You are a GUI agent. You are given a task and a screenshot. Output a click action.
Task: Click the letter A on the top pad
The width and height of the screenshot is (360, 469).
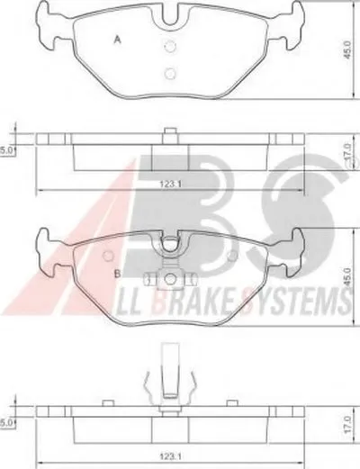click(117, 40)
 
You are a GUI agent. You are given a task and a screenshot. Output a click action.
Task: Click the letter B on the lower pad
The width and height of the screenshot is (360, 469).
click(118, 274)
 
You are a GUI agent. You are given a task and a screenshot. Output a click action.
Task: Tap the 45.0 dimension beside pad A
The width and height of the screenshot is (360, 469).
click(347, 50)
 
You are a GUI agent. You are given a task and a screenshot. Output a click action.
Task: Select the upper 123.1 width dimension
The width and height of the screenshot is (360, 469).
click(170, 184)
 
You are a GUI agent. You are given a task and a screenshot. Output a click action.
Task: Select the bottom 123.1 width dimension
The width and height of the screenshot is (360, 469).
click(170, 456)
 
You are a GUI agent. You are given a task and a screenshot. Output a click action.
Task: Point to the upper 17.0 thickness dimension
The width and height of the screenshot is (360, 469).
click(347, 153)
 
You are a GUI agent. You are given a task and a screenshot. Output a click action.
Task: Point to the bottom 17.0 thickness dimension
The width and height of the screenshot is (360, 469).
click(347, 424)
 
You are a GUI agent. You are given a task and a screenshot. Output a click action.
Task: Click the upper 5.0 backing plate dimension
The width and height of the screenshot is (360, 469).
click(5, 150)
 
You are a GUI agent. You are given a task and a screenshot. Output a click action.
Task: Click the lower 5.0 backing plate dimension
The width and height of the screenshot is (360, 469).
click(5, 423)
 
